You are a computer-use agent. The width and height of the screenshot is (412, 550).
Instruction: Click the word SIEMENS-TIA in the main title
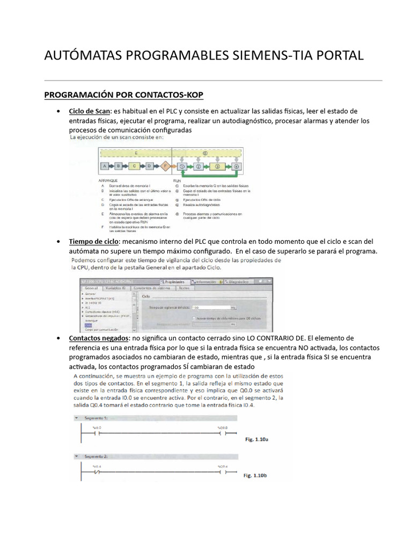pyautogui.click(x=258, y=55)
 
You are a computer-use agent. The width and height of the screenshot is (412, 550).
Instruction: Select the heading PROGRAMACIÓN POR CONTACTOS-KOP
pyautogui.click(x=124, y=95)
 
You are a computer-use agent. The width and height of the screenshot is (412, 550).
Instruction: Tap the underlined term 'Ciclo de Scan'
pyautogui.click(x=89, y=111)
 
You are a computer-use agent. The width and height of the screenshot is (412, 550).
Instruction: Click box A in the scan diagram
pyautogui.click(x=105, y=167)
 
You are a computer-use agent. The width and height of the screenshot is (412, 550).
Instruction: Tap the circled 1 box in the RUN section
pyautogui.click(x=182, y=167)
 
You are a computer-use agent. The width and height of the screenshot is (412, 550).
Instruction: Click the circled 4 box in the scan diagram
pyautogui.click(x=237, y=167)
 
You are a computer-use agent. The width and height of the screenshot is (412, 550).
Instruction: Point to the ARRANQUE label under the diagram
pyautogui.click(x=109, y=181)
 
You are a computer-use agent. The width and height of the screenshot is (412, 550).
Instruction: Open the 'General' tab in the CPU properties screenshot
pyautogui.click(x=91, y=288)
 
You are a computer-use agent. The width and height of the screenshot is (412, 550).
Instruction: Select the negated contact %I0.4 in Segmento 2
pyautogui.click(x=97, y=473)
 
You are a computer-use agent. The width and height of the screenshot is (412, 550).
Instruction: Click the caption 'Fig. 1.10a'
pyautogui.click(x=256, y=439)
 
